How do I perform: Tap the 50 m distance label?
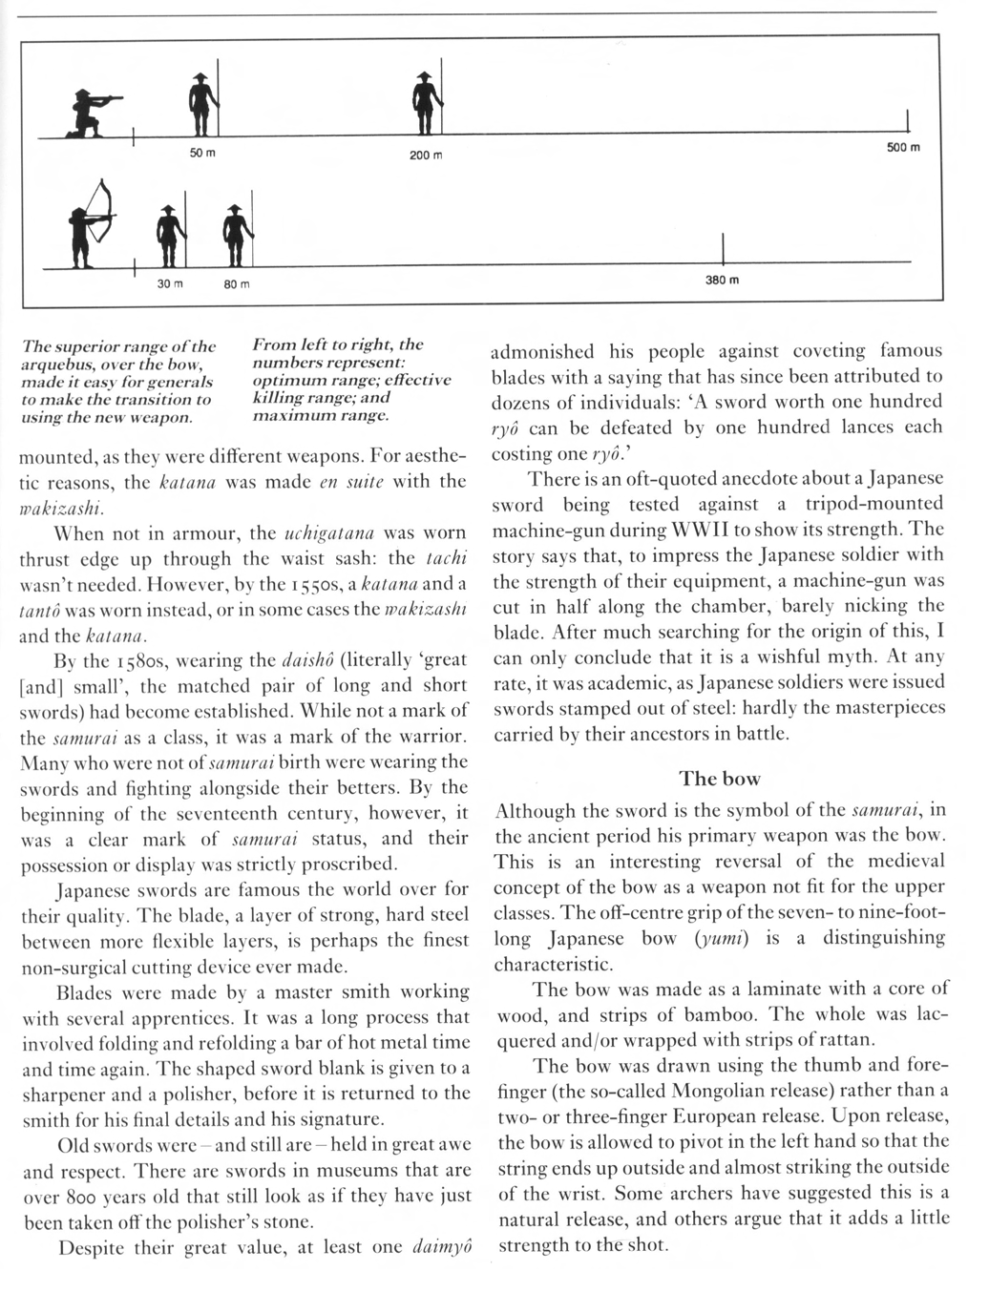coord(201,154)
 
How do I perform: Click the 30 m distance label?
coord(169,283)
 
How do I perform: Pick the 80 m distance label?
coord(237,283)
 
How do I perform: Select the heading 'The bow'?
coord(719,779)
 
